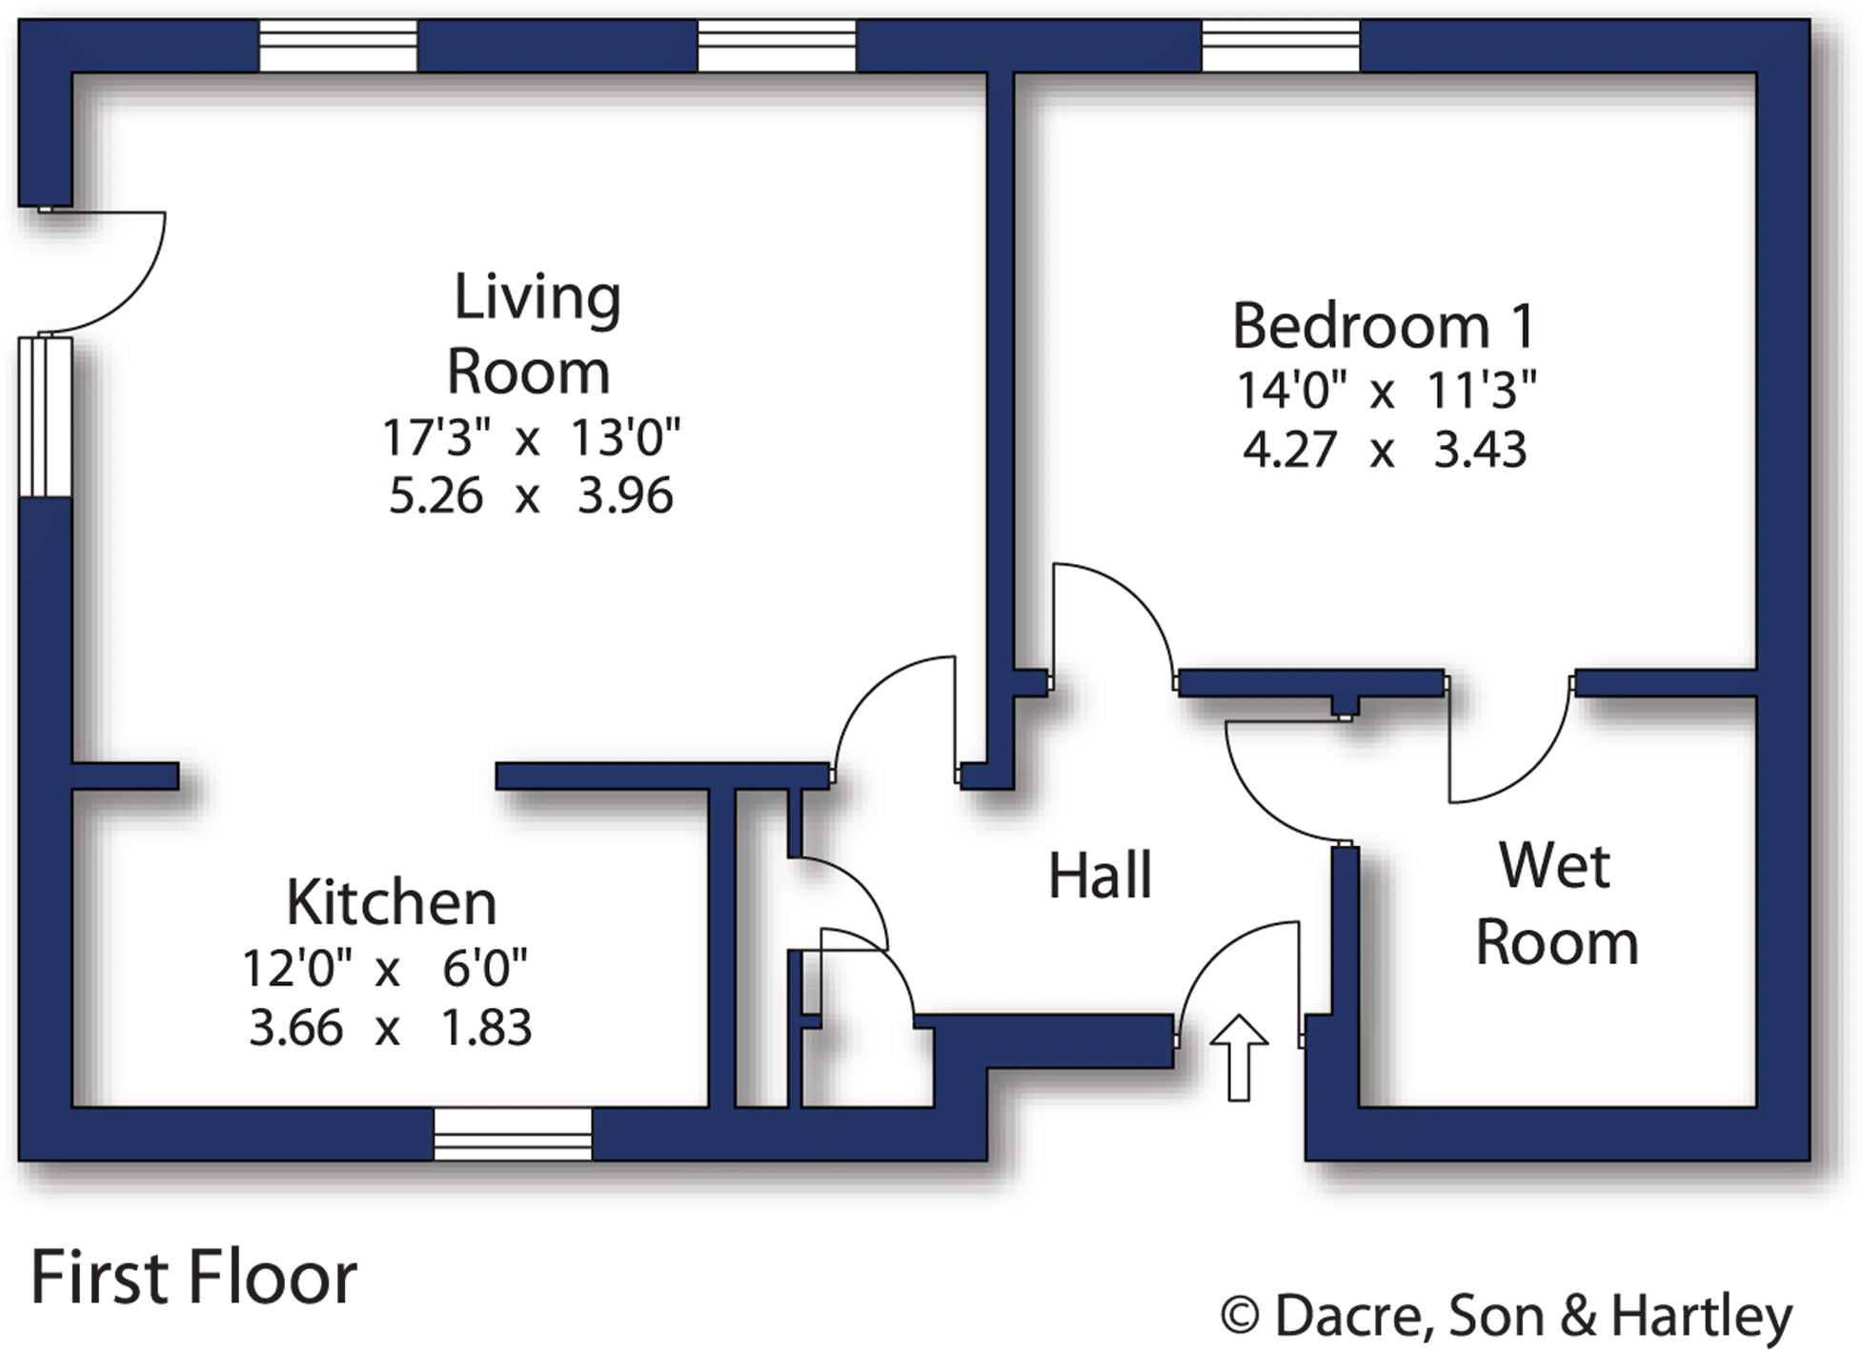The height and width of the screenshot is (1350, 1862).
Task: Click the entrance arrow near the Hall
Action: tap(1238, 1058)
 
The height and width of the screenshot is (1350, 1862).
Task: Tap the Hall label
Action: tap(1100, 876)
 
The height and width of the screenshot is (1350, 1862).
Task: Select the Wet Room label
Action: tap(1556, 904)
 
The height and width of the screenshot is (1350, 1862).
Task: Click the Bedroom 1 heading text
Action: tap(1384, 327)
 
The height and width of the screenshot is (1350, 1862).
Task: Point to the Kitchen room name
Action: tap(392, 902)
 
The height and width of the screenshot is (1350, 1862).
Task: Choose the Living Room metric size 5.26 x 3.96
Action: tap(531, 496)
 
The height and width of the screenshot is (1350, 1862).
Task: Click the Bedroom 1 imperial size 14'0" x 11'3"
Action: tap(1386, 391)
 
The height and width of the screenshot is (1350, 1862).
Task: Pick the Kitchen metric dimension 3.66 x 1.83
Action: tap(390, 1029)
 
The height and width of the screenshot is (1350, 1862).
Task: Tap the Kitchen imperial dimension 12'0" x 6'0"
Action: tap(385, 970)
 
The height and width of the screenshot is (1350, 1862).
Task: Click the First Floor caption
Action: tap(193, 1278)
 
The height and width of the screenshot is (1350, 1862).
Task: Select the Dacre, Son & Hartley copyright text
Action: tap(1507, 1317)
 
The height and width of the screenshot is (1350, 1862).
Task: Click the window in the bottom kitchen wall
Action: tap(513, 1134)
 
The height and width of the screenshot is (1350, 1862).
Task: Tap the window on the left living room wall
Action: tap(45, 416)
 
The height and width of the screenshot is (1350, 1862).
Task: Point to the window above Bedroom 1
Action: tap(1280, 46)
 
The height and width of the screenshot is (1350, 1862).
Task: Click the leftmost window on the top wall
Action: tap(338, 46)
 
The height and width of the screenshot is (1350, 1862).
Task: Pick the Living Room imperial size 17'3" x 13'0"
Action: tap(531, 438)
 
